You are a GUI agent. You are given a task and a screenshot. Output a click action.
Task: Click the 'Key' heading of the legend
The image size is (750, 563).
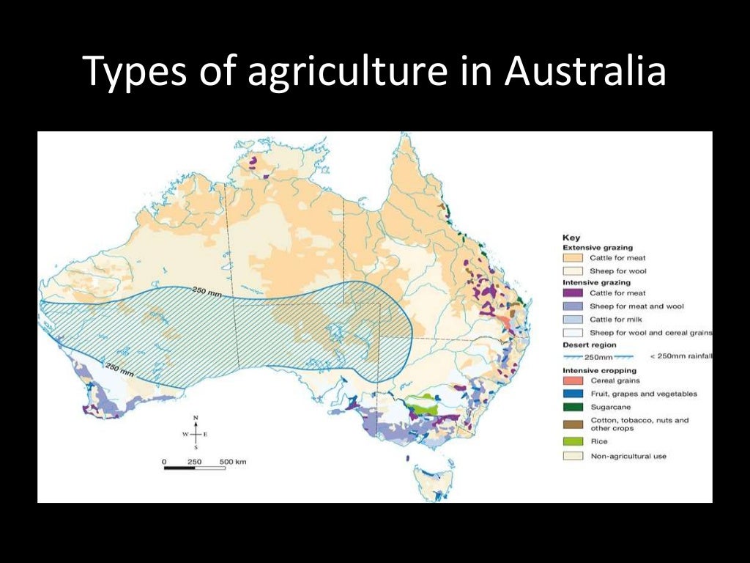571,238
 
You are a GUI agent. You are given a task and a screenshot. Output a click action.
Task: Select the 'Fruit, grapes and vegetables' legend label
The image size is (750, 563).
643,394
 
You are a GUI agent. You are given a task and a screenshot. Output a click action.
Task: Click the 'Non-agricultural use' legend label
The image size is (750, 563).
628,456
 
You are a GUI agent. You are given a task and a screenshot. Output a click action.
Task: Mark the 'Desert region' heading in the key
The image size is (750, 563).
589,345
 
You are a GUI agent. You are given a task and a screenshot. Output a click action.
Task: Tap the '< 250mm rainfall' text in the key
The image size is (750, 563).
681,357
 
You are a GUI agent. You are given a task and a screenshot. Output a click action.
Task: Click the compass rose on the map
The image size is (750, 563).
195,434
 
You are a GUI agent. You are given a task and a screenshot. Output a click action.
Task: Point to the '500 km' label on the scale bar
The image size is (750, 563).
233,462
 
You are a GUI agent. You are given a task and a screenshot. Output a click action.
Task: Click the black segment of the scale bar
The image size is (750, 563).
179,468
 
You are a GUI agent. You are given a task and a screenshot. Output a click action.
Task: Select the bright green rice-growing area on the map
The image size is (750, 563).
420,402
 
